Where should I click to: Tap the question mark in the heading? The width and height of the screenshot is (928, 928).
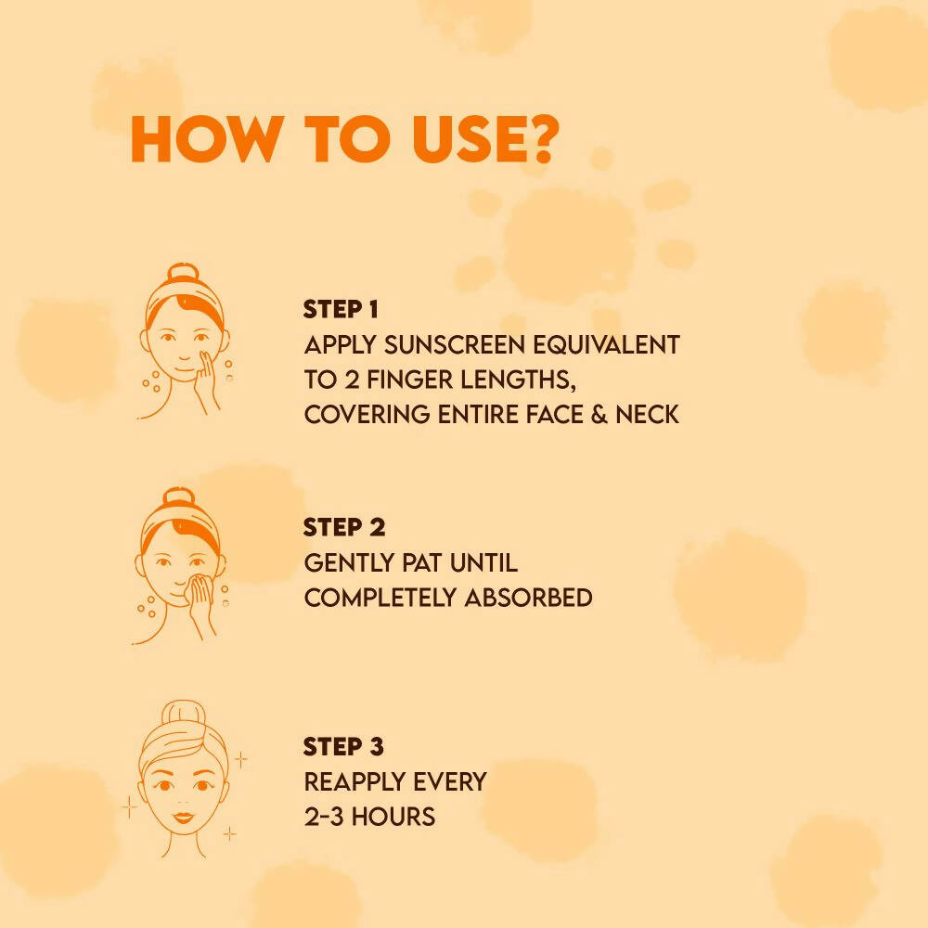[538, 141]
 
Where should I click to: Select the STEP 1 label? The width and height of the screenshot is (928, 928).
[341, 309]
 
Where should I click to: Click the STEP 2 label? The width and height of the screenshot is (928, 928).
[343, 528]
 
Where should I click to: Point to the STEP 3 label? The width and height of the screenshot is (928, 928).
[343, 747]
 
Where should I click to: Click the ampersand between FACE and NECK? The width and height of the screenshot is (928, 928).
[599, 414]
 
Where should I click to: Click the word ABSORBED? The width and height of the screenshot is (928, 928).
[528, 598]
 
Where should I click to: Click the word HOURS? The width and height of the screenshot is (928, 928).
[395, 817]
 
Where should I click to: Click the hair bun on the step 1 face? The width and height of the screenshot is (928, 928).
[183, 276]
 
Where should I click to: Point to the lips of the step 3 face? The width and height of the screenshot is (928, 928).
[183, 817]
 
